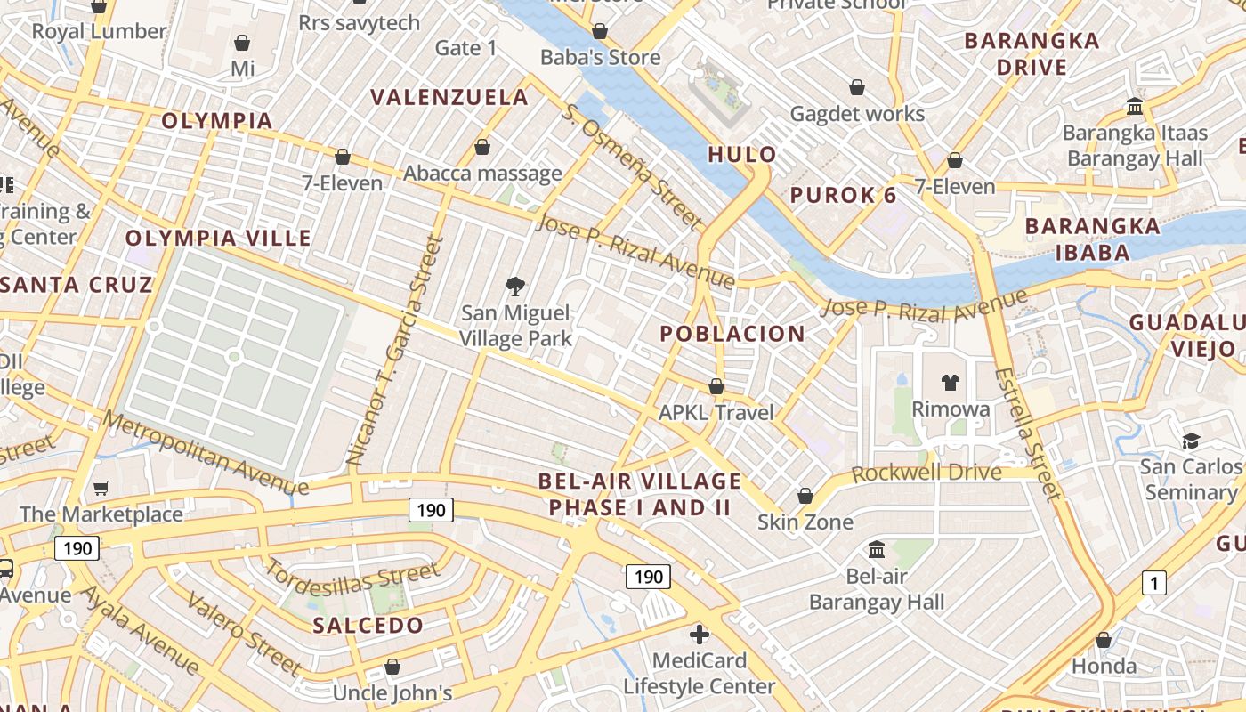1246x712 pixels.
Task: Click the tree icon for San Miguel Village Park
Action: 514,286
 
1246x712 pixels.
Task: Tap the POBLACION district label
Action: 732,334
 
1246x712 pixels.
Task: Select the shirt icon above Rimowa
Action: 951,383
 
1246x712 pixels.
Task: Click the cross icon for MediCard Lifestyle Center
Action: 700,635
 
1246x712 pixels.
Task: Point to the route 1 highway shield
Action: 1153,584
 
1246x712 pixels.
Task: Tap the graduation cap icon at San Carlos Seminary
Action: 1191,441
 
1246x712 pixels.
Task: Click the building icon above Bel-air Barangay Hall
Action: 877,549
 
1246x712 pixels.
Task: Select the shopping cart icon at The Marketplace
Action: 101,488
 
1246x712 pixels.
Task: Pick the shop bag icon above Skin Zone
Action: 805,495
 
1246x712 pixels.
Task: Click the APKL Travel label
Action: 716,413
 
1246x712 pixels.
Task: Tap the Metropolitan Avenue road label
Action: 206,452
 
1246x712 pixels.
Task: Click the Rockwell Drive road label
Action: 926,472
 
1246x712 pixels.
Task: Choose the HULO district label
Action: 742,155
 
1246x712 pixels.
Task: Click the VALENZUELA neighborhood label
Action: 449,96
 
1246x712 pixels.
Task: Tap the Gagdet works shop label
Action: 858,114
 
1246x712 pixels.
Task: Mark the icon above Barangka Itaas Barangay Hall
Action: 1135,106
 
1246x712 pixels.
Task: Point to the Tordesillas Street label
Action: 352,583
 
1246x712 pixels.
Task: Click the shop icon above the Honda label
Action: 1104,640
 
